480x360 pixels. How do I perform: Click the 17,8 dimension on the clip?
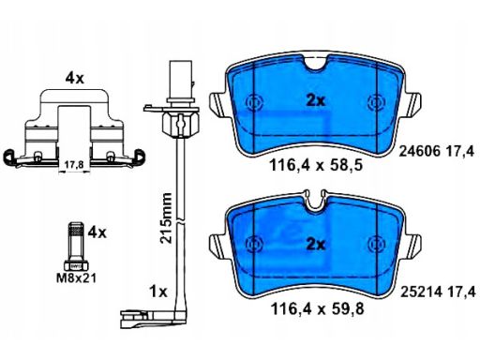74,165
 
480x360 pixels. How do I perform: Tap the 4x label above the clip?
75,78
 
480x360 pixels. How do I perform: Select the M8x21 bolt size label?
76,277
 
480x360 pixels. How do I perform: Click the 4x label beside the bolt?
97,232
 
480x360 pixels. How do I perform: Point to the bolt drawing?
76,247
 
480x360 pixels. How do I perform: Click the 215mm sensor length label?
166,217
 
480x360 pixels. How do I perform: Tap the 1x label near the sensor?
158,292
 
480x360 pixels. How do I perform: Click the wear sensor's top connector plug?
180,81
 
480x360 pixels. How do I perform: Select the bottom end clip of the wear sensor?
147,319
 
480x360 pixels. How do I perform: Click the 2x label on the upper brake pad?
315,101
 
